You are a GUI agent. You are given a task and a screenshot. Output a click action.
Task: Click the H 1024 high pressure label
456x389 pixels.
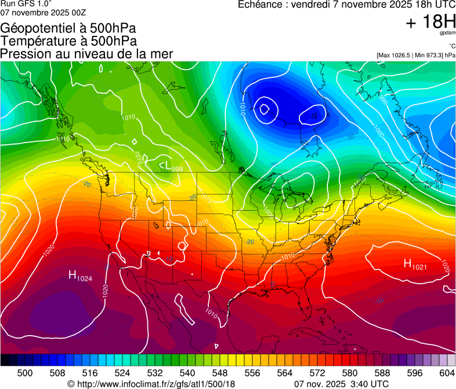point(80,276)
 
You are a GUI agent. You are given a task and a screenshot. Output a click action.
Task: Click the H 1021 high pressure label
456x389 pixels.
point(415,265)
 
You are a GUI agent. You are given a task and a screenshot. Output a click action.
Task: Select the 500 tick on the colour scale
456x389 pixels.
point(25,372)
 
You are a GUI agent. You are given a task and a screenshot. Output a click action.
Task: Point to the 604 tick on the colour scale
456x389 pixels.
point(447,372)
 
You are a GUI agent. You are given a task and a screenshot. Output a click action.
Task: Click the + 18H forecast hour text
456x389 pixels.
point(430,22)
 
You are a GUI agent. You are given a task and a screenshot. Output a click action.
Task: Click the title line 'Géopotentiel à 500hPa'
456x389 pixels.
point(68,28)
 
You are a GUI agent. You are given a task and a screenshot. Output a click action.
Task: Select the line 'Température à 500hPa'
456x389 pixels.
point(68,41)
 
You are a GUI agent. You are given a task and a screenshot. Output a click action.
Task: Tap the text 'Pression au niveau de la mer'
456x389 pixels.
point(87,54)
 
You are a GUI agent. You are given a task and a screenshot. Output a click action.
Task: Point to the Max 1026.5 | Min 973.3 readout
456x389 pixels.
point(416,56)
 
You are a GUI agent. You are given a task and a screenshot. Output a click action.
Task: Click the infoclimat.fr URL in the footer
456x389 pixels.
point(156,383)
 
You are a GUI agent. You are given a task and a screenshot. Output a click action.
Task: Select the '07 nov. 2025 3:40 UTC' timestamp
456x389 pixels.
point(341,383)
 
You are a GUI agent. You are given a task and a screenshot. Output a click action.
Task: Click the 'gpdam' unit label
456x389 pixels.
point(447,34)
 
